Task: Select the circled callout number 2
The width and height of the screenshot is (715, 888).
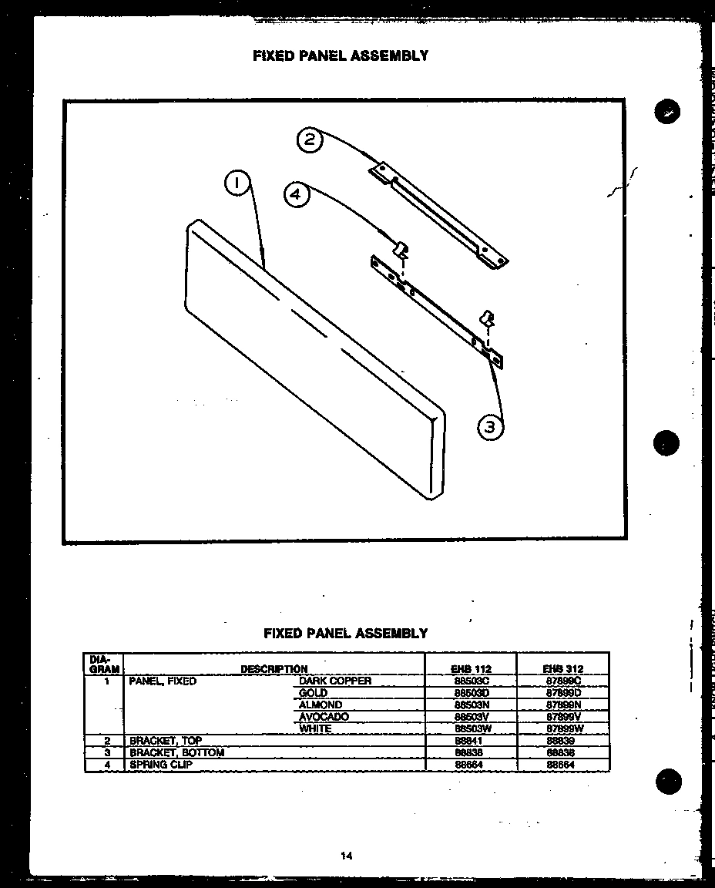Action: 309,140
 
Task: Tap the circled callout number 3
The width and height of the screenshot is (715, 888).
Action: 491,425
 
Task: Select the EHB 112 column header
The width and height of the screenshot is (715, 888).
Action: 472,669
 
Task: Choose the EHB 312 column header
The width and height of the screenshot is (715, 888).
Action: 563,669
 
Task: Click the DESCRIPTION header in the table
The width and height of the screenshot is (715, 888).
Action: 274,669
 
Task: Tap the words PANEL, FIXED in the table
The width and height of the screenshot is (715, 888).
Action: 163,681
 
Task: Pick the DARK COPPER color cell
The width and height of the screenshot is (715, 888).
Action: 335,681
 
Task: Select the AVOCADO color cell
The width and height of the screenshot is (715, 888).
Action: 324,717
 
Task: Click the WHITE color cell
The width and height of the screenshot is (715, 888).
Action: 316,728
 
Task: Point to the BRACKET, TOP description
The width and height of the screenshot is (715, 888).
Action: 166,741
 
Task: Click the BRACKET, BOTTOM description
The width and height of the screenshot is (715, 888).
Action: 176,752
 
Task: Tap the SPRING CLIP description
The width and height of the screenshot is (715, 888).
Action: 161,765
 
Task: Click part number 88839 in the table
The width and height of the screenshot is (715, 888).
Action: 560,741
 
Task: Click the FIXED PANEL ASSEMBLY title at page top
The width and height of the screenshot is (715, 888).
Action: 341,55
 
